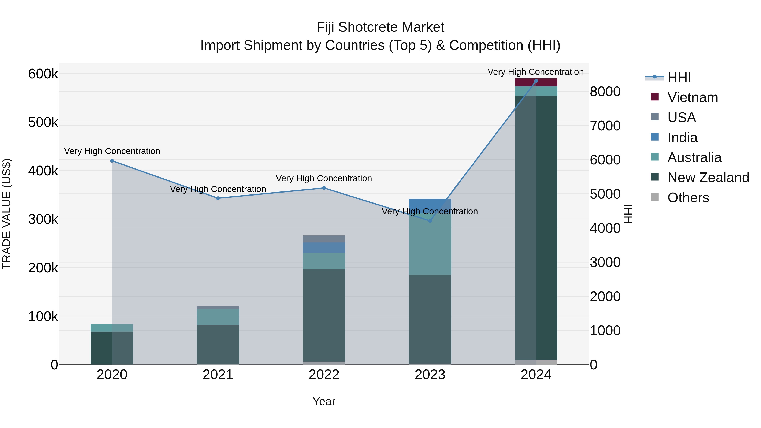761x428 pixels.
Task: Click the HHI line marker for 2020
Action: point(112,161)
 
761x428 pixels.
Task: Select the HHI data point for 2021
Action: point(218,198)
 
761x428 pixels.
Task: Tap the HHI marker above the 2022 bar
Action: point(324,188)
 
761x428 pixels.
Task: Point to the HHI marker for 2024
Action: point(536,81)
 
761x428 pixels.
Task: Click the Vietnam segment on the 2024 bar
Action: point(536,82)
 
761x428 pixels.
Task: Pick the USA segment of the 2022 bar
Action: point(324,239)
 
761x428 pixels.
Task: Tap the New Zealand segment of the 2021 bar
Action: point(218,345)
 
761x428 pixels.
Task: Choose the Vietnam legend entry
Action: point(693,97)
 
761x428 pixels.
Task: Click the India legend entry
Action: point(682,138)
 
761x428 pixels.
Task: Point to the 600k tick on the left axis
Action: point(43,74)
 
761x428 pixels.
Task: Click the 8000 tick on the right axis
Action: point(605,92)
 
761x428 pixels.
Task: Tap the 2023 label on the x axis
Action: point(430,375)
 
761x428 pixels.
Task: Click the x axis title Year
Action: point(324,401)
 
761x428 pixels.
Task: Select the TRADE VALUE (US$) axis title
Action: point(7,214)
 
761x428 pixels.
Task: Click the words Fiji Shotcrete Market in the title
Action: point(380,27)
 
